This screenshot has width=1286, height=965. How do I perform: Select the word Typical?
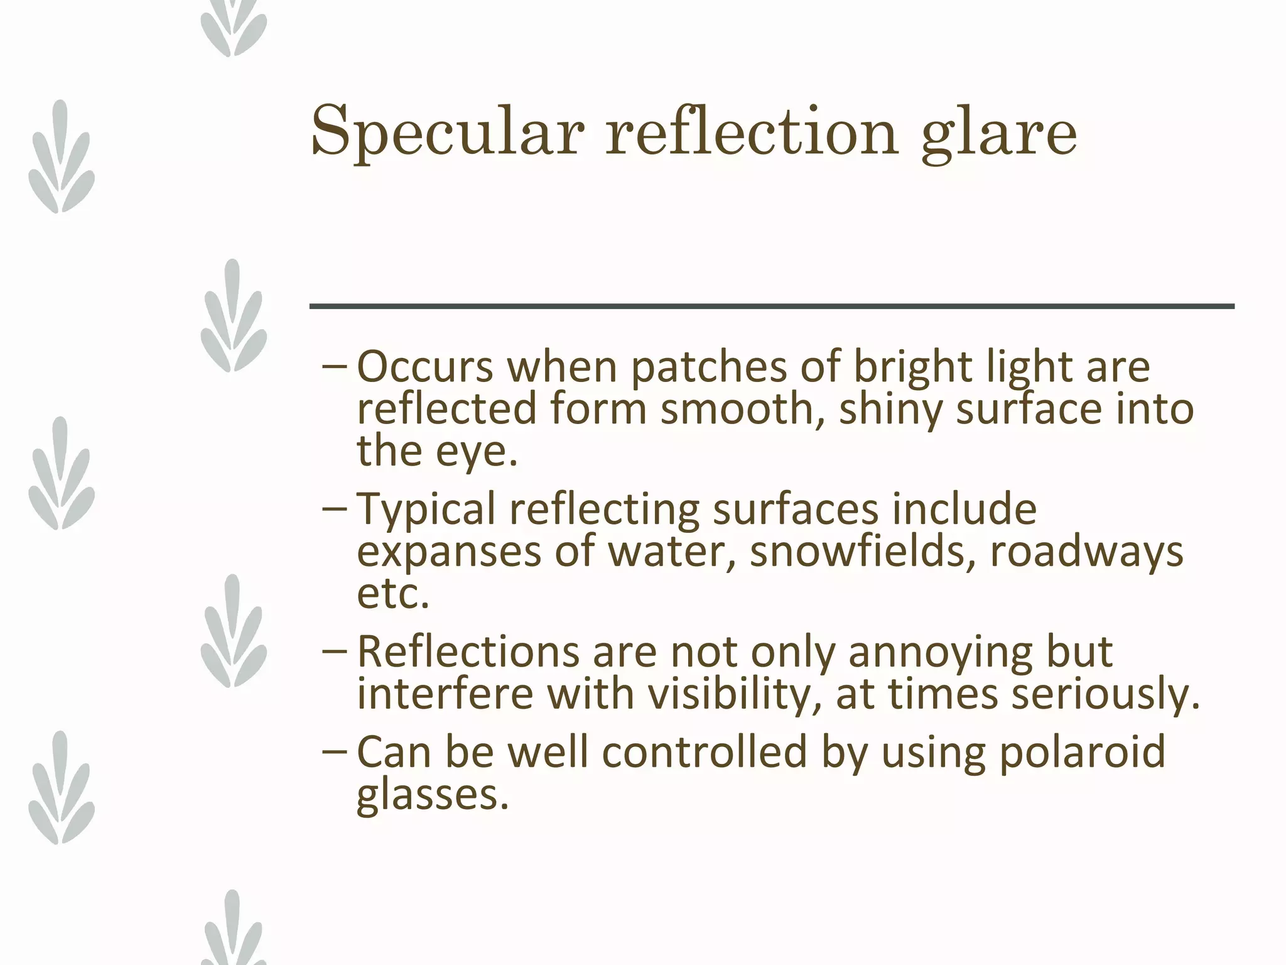pos(426,510)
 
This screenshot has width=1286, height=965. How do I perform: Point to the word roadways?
pos(1086,552)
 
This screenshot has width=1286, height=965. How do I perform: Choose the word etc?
pos(393,593)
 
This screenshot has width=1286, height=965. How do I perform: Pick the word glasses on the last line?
pos(432,794)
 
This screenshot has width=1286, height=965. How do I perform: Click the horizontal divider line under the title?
pos(772,307)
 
